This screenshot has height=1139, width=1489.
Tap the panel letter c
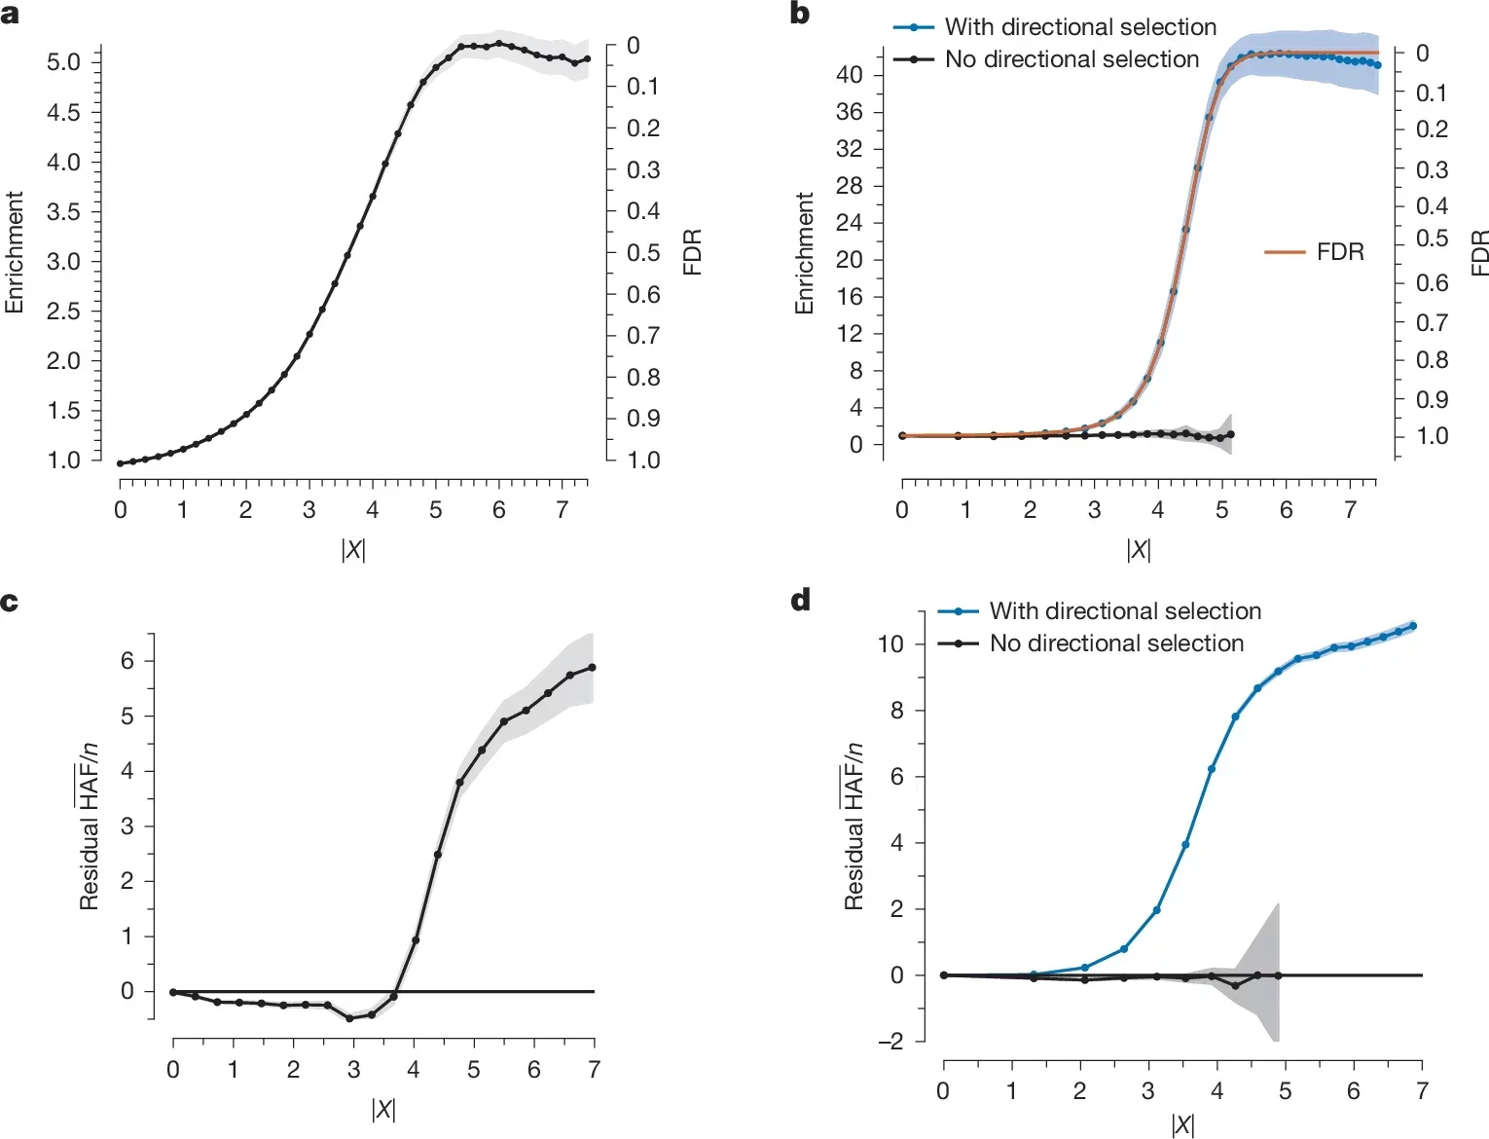[x=10, y=602]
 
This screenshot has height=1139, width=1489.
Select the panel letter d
[x=801, y=600]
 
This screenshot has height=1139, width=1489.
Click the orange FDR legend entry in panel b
[x=1339, y=252]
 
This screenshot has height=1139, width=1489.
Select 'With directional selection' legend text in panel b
[x=1080, y=27]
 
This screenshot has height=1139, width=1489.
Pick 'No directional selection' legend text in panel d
[x=1116, y=643]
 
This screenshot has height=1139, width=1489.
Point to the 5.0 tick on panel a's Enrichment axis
[x=63, y=62]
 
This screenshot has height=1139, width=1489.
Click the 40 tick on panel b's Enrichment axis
[x=849, y=75]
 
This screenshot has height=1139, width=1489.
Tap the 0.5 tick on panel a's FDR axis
[x=643, y=253]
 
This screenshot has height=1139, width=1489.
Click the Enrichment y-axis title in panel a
[x=14, y=252]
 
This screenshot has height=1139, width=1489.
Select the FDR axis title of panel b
[x=1479, y=252]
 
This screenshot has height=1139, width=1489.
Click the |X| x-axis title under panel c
[x=383, y=1109]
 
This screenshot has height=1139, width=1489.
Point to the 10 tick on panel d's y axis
[x=890, y=644]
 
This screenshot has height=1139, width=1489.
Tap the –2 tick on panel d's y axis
[x=890, y=1042]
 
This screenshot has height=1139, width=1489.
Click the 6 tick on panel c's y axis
[x=127, y=661]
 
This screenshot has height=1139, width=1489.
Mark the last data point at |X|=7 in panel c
[x=593, y=668]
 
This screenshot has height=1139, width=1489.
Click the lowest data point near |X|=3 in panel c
[x=349, y=1018]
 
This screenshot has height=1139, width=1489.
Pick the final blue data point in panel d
[x=1413, y=626]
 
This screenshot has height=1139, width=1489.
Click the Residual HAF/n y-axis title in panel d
[x=853, y=826]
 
